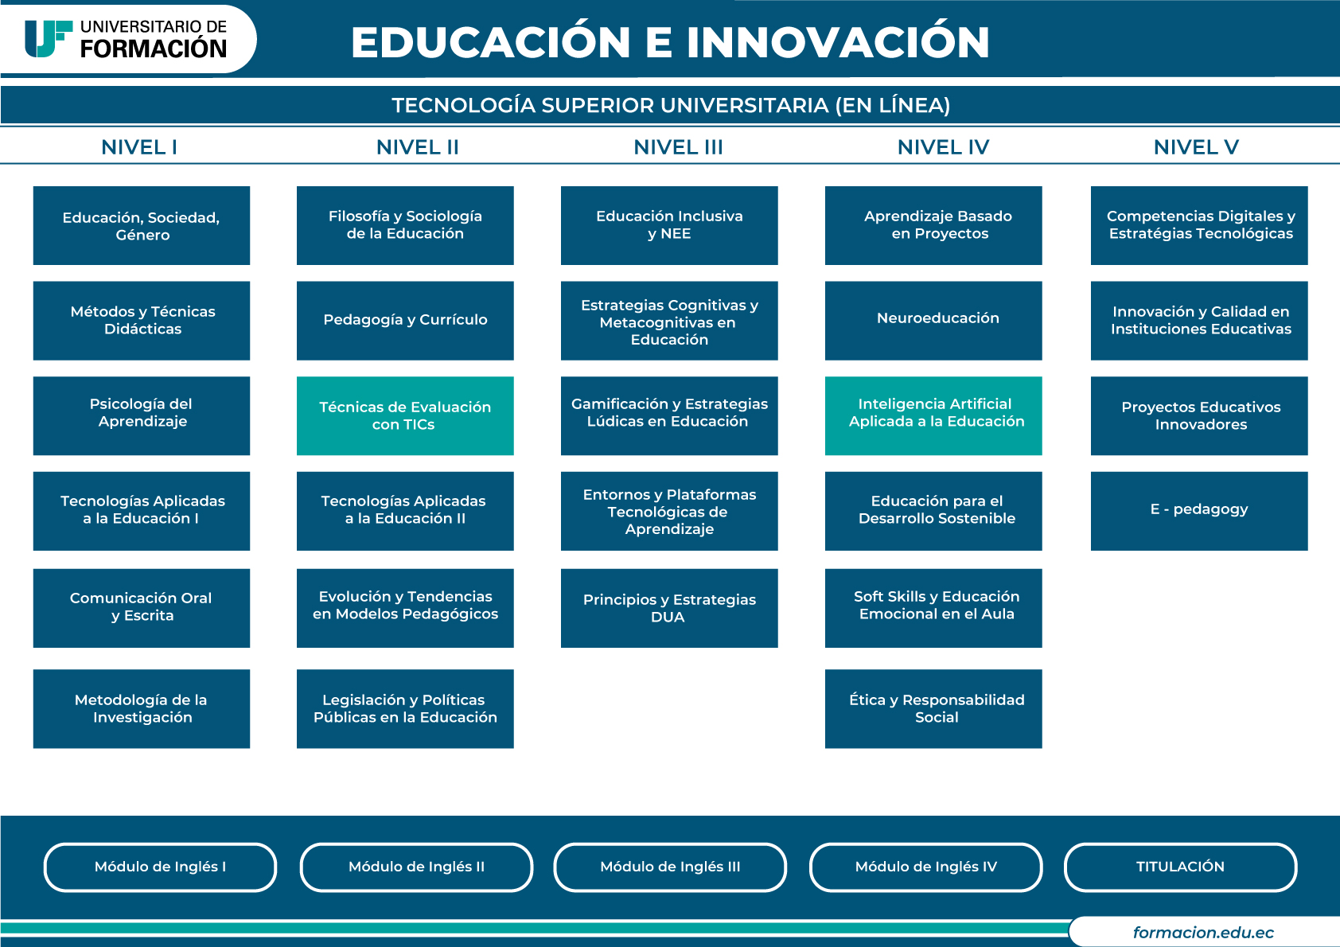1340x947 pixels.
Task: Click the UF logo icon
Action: coord(48,39)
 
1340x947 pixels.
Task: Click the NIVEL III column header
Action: coord(678,147)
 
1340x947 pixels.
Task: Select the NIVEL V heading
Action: coord(1196,147)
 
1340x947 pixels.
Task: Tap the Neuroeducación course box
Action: coord(933,321)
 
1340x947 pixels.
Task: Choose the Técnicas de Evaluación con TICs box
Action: coord(405,415)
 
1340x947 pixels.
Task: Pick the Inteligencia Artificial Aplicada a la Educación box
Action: coord(933,415)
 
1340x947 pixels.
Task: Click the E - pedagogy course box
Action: coord(1199,511)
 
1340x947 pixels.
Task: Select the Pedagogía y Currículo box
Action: coord(405,321)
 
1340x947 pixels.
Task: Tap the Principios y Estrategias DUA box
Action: coord(669,608)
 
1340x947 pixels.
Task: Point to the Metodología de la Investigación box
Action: coord(141,709)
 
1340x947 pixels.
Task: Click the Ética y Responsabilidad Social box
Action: coord(933,709)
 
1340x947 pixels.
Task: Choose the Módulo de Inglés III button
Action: coord(670,867)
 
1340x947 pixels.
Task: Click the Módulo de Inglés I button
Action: coord(160,867)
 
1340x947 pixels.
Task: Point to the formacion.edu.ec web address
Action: coord(1203,933)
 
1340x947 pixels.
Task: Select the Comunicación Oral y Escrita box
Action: coord(141,608)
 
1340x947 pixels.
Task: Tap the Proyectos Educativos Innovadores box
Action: coord(1199,415)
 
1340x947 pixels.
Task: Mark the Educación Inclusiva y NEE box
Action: coord(669,225)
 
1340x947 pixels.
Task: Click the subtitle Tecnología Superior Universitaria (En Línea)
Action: coord(671,105)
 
